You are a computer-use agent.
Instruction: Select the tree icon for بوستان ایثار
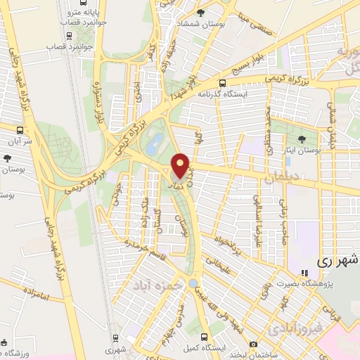click(x=302, y=139)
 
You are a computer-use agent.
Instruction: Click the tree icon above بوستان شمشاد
click(x=202, y=13)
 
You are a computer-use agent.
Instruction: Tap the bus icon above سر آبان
click(x=20, y=129)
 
